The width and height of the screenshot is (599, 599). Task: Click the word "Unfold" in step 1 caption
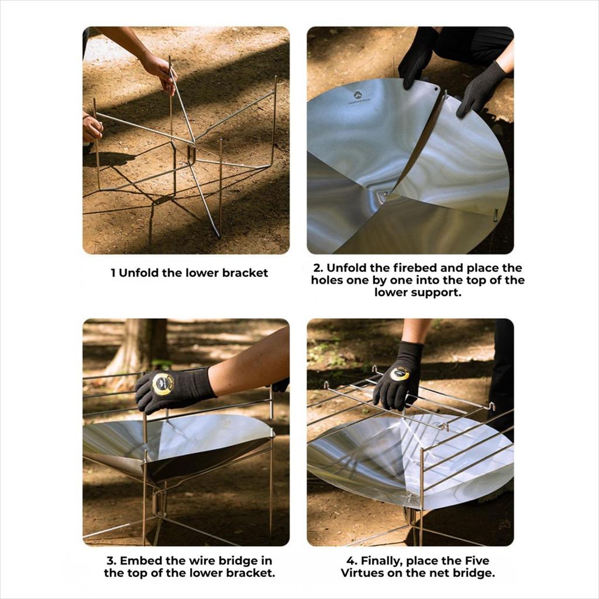(139, 273)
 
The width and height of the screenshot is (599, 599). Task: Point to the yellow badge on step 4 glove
(400, 374)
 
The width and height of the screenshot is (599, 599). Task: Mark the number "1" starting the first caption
(113, 273)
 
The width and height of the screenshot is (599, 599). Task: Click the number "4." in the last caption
(352, 561)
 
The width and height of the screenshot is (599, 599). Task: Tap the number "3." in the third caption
(111, 560)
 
